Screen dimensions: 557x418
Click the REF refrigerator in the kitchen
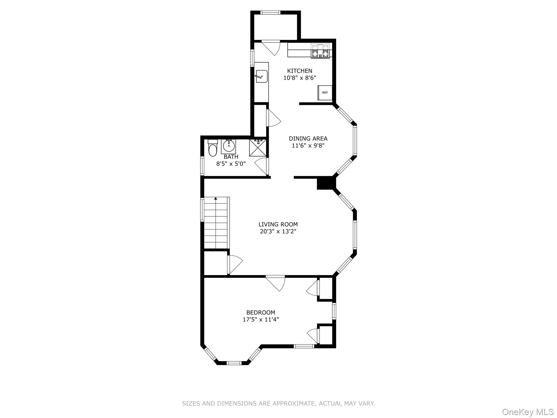coord(325,93)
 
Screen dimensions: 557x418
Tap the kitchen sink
coord(262,76)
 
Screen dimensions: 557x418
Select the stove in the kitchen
coord(321,51)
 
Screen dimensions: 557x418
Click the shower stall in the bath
coord(258,148)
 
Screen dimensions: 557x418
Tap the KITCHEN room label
coord(300,71)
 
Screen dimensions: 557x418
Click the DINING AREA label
coord(308,139)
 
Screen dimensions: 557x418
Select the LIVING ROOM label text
coord(278,225)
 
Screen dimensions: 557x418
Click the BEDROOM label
coord(261,312)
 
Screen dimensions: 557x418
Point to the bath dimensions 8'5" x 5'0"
coord(231,164)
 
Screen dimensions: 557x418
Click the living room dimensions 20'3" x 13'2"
coord(278,232)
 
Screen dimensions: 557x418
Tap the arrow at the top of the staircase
coord(216,198)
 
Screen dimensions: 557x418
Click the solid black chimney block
coord(325,183)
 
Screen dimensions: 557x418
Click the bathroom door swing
coord(261,166)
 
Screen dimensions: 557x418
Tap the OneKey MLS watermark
coord(528,412)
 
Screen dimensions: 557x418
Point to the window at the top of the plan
coord(270,12)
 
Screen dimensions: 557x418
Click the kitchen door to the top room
coord(271,48)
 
